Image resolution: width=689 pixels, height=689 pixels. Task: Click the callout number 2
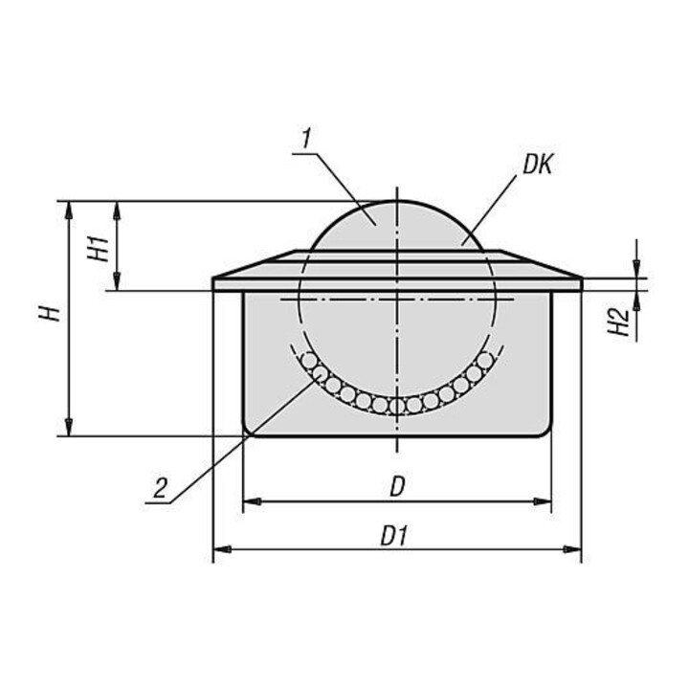pyautogui.click(x=161, y=487)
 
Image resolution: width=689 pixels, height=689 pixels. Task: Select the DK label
pyautogui.click(x=537, y=166)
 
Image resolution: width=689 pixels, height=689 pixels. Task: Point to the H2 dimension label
pyautogui.click(x=620, y=322)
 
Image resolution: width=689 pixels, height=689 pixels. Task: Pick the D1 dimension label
pyautogui.click(x=395, y=536)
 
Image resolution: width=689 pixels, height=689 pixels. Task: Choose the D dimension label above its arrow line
pyautogui.click(x=397, y=487)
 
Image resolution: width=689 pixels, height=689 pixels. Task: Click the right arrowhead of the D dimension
pyautogui.click(x=542, y=501)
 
